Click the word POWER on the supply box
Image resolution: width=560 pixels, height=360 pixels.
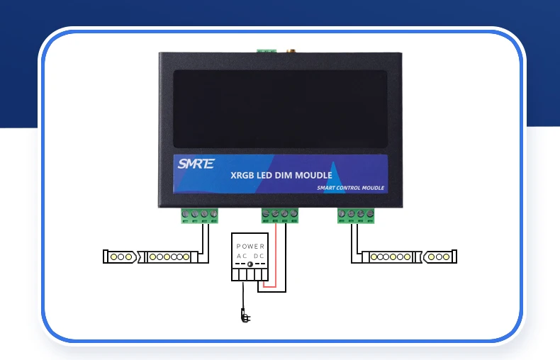[x=250, y=246]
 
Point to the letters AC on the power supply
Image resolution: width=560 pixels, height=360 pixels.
[x=242, y=255]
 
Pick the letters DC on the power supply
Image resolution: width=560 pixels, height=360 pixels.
[x=259, y=255]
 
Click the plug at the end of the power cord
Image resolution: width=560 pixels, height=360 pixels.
[x=244, y=316]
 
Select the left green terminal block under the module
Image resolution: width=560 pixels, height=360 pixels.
[x=199, y=214]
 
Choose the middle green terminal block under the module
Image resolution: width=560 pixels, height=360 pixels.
[x=279, y=214]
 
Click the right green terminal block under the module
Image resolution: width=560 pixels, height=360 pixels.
[x=355, y=214]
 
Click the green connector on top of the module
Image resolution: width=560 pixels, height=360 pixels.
[x=267, y=50]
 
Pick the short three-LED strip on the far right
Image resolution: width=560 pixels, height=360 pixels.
[x=439, y=256]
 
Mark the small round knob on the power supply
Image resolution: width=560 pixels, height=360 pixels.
[x=250, y=264]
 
